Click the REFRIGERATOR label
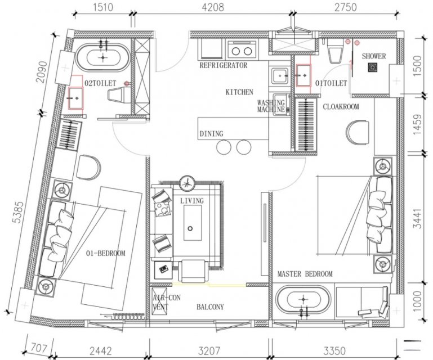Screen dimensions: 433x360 pos(224,65)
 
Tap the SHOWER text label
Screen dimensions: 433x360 pos(374,56)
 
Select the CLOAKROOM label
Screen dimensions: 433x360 pos(341,106)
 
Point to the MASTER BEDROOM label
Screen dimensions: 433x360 pos(305,274)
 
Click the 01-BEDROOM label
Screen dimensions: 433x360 pos(105,253)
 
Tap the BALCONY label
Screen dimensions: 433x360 pos(210,307)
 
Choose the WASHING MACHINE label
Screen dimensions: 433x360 pos(271,106)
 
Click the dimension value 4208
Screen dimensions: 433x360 pos(213,7)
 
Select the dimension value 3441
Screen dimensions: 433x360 pos(418,218)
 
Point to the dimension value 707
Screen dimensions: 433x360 pos(39,348)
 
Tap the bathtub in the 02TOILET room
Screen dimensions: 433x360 pos(102,57)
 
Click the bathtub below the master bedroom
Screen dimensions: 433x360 pos(303,300)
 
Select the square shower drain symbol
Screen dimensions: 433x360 pos(373,67)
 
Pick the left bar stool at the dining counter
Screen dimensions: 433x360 pos(224,147)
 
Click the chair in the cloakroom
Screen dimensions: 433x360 pos(358,132)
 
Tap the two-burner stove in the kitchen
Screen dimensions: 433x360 pos(242,49)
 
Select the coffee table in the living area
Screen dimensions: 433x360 pos(193,222)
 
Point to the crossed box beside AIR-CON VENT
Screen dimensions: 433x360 pos(159,300)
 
